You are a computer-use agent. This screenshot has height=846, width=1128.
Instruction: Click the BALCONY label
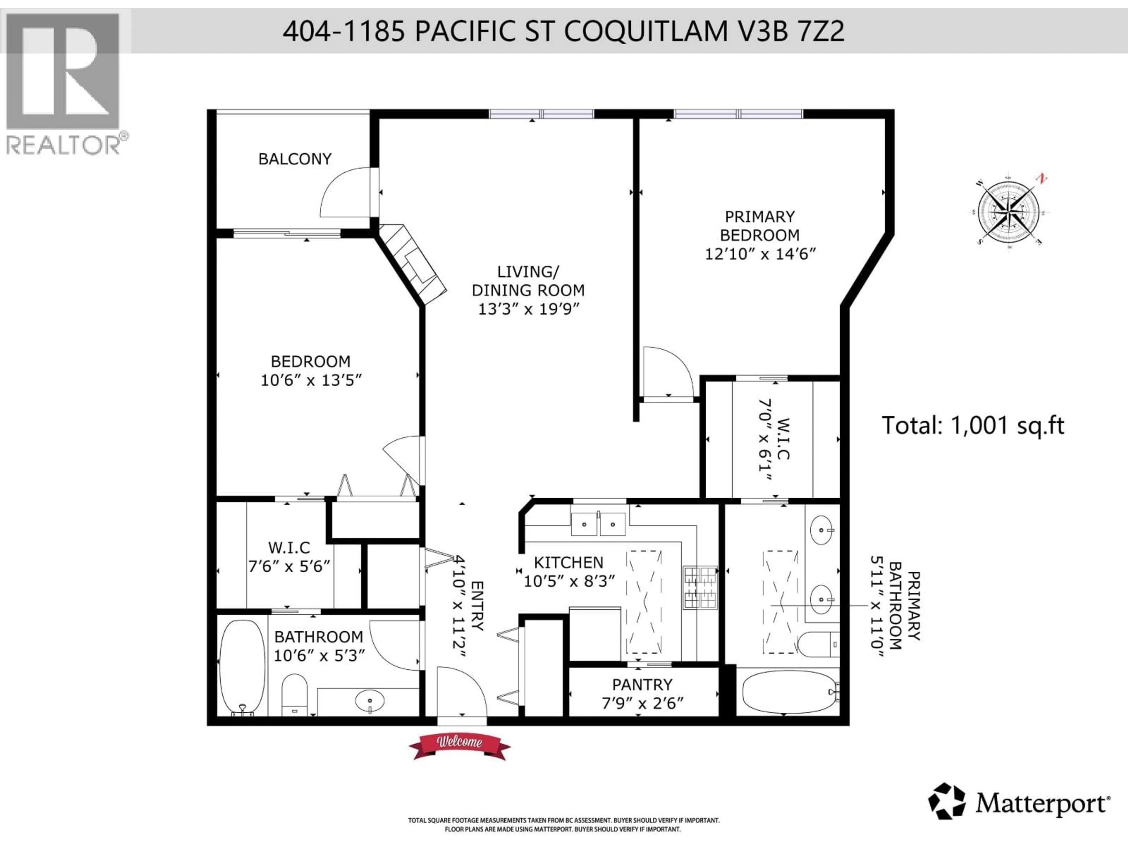coord(295,159)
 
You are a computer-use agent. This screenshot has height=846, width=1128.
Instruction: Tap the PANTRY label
coord(642,684)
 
